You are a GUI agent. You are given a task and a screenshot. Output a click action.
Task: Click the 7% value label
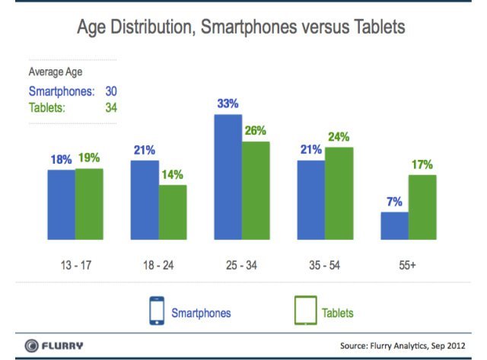394,202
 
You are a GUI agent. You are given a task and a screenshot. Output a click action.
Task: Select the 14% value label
173,175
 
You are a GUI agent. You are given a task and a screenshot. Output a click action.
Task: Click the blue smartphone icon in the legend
156,311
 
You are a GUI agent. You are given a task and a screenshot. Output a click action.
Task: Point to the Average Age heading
56,72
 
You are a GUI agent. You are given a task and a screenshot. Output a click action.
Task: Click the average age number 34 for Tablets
110,107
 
